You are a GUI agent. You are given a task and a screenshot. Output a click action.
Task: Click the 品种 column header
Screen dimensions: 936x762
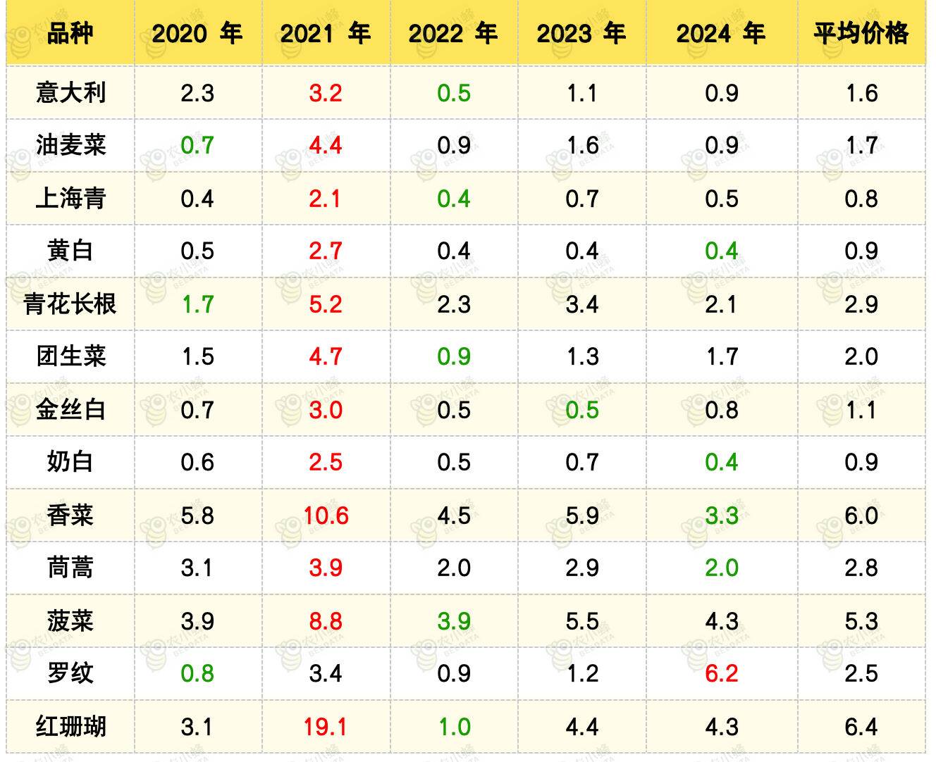coord(70,33)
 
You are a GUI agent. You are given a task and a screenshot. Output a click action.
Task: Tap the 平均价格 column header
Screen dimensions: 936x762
coord(861,33)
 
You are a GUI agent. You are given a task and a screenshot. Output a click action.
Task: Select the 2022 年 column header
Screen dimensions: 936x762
coord(453,33)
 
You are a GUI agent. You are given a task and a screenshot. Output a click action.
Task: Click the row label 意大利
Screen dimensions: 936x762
coord(70,93)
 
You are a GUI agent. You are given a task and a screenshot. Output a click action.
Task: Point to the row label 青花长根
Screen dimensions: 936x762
coord(70,304)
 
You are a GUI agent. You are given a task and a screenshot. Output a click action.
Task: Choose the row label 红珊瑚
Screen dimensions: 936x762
coord(70,727)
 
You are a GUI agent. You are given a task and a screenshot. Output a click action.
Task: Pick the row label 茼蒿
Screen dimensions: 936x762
coord(70,568)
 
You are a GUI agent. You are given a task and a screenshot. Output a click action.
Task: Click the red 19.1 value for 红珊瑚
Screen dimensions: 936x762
coord(325,727)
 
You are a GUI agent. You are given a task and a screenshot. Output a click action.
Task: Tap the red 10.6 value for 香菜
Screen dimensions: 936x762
coord(326,516)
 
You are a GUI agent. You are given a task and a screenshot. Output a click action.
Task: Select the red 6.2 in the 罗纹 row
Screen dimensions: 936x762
coord(722,673)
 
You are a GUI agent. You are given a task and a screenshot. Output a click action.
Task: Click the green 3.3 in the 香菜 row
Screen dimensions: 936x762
coord(722,516)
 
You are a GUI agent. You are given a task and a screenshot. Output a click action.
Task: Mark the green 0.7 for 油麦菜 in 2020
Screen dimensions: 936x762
coord(197,145)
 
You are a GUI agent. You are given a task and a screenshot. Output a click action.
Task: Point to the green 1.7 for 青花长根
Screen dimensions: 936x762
coord(198,304)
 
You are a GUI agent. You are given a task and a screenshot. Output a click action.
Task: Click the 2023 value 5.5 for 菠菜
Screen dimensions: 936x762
coord(581,621)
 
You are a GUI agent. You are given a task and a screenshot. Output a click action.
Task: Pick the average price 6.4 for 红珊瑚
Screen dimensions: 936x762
coord(861,727)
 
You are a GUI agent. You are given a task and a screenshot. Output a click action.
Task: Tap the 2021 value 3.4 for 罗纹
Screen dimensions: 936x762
coord(325,673)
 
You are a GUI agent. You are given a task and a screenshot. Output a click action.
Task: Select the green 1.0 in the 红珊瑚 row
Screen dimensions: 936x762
coord(455,727)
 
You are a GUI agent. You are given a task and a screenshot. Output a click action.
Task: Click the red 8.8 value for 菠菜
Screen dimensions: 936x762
coord(325,621)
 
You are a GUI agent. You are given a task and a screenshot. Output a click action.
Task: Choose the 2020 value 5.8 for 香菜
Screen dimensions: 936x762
coord(197,516)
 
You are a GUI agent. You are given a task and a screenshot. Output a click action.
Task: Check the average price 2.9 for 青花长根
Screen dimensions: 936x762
coord(861,304)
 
